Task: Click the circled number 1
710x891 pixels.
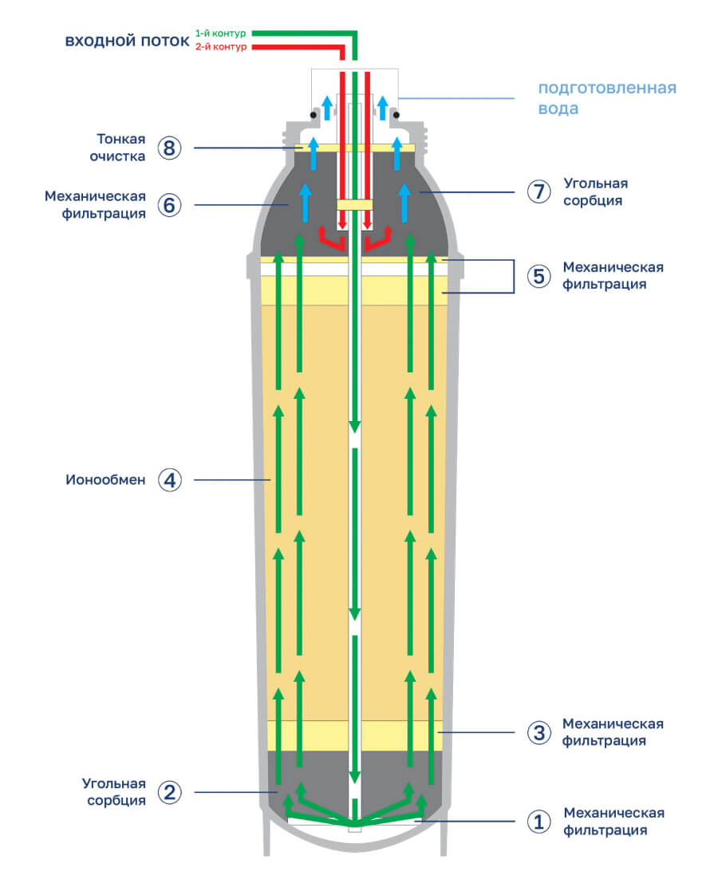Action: point(538,822)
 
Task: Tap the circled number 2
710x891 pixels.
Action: point(169,792)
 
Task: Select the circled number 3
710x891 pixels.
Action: point(538,732)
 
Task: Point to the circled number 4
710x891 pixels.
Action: point(169,480)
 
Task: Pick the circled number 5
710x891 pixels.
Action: point(538,276)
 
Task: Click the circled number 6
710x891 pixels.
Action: point(169,205)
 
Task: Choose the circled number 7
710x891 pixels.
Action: point(538,191)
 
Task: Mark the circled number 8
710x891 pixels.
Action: point(169,148)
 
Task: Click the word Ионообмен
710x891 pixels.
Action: point(105,480)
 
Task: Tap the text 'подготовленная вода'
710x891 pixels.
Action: point(606,97)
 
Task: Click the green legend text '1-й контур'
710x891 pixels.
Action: point(220,34)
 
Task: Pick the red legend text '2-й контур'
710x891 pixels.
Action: point(220,47)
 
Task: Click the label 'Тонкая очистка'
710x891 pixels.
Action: point(121,148)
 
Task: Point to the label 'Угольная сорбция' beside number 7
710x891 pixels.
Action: point(593,192)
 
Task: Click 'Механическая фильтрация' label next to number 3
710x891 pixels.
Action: point(613,732)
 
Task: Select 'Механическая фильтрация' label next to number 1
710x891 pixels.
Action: point(613,822)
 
